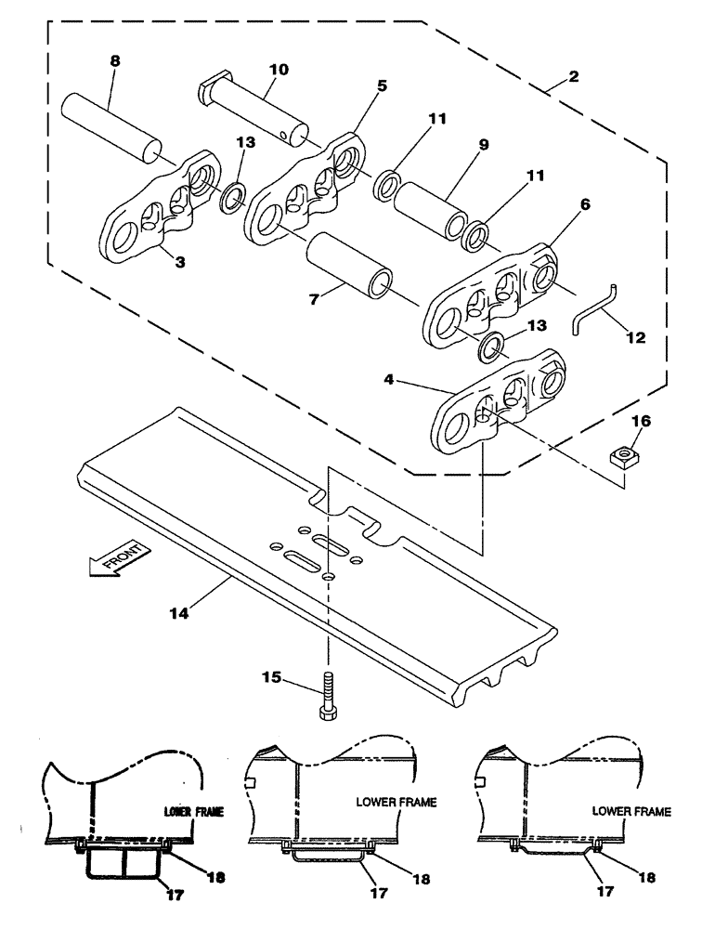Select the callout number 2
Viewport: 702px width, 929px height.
pyautogui.click(x=575, y=78)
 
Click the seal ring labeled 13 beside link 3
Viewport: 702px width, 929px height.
pyautogui.click(x=232, y=196)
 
